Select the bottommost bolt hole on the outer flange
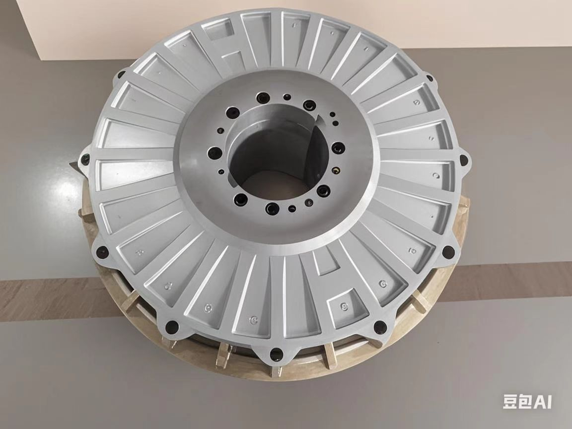click(x=276, y=355)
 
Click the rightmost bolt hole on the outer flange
click(x=463, y=160)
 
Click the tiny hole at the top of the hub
click(x=286, y=97)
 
